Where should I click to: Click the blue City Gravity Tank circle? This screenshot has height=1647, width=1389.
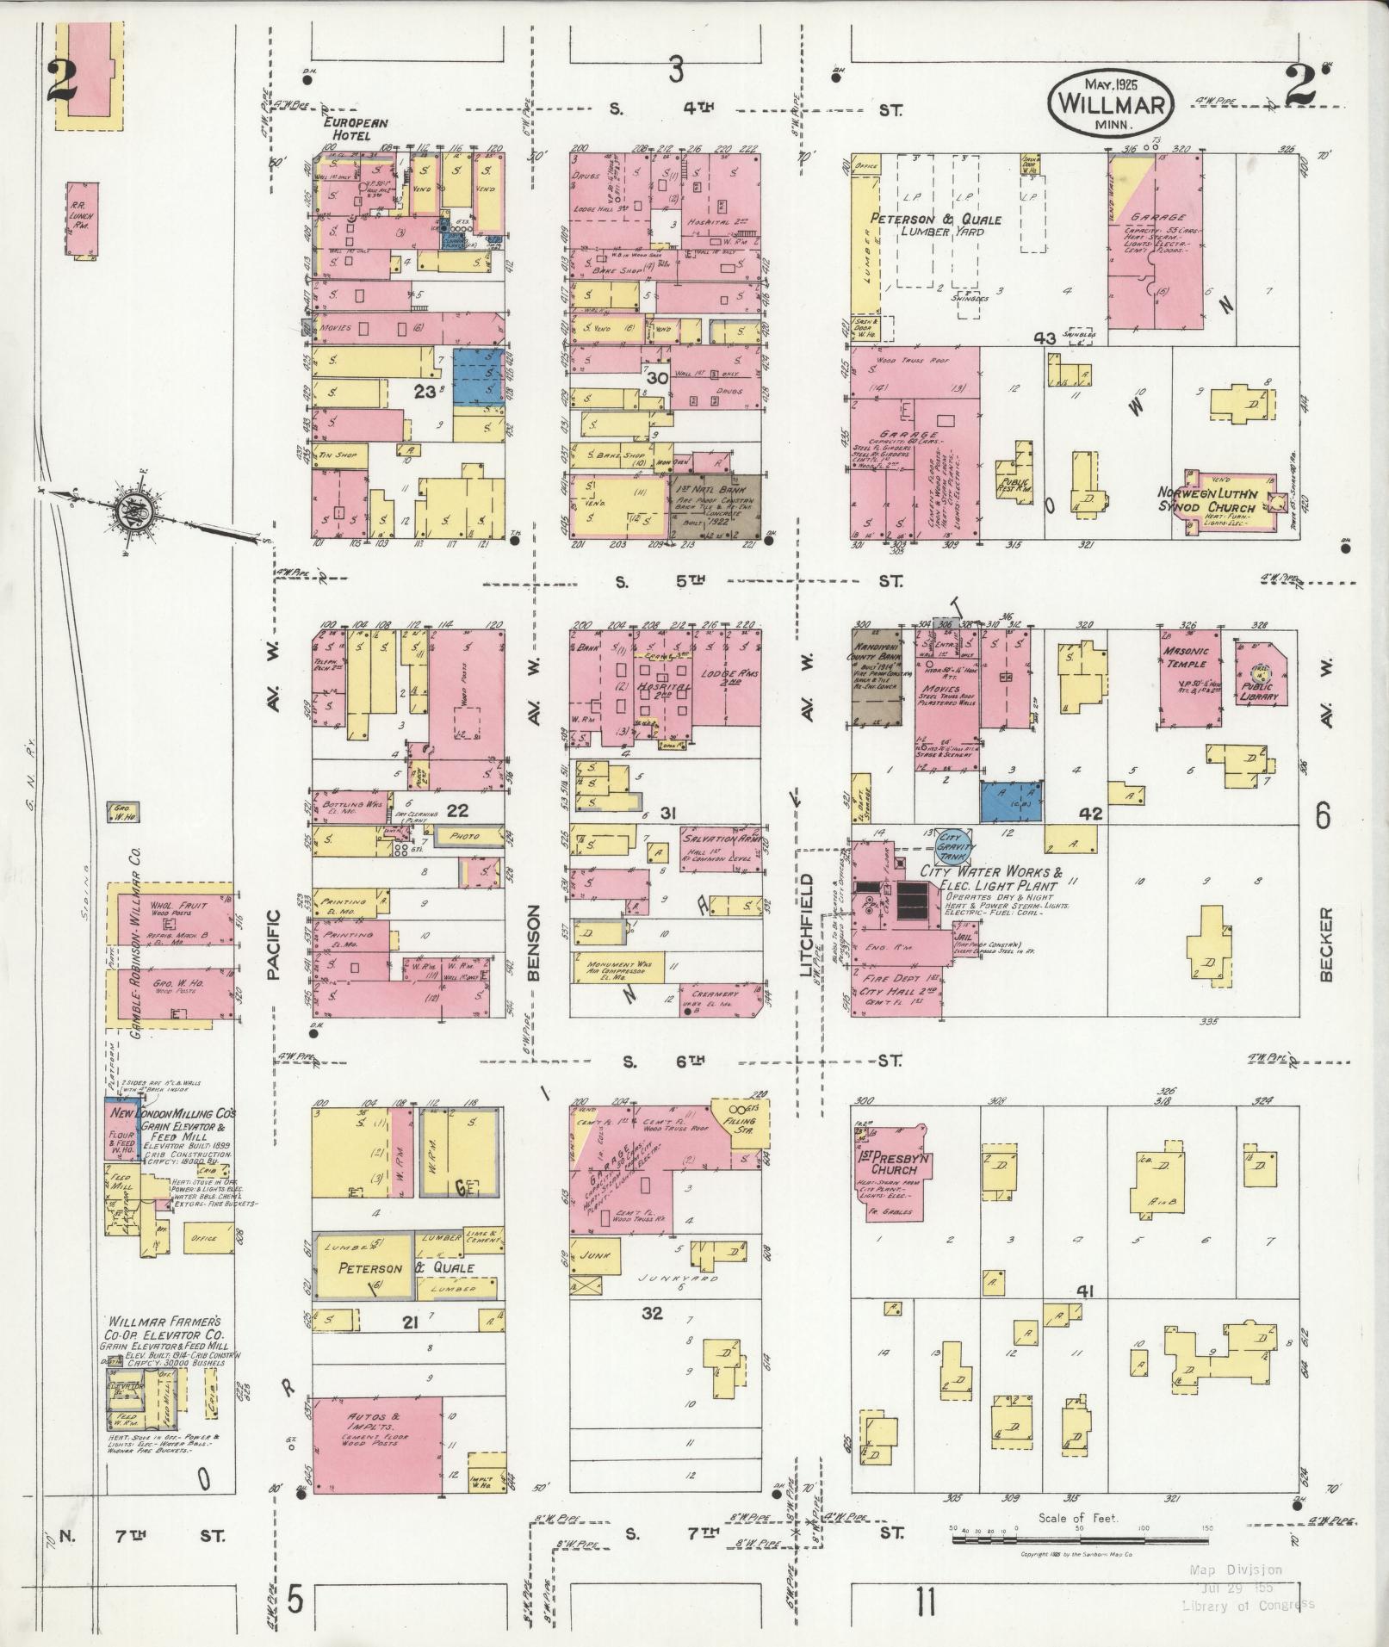(952, 842)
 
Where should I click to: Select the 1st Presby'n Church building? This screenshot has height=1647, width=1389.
(893, 1171)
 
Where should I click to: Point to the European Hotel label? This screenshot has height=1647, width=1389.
(347, 130)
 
